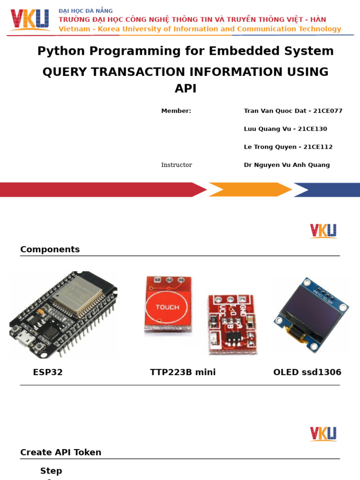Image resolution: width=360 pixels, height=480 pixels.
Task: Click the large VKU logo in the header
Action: (x=30, y=20)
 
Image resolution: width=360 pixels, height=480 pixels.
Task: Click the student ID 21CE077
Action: (x=328, y=111)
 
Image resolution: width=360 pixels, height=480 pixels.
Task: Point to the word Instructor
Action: (x=177, y=165)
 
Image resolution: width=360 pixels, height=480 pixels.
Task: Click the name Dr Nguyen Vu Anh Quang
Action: (x=286, y=165)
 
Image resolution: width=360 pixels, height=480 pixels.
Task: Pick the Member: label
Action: (x=176, y=111)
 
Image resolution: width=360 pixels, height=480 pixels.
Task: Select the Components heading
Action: (x=50, y=249)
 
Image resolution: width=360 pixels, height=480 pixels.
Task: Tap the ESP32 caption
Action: (x=48, y=372)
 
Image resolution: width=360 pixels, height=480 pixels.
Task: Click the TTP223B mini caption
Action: (x=183, y=372)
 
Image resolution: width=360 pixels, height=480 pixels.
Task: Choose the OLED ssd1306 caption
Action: (x=307, y=372)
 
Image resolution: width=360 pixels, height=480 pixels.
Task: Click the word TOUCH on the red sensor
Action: (x=167, y=307)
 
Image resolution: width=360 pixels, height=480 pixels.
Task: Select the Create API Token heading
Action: (x=60, y=452)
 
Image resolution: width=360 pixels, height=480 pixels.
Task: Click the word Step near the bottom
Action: (x=51, y=471)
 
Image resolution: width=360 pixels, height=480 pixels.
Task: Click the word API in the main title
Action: (x=186, y=89)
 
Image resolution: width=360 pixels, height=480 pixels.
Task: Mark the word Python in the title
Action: (x=59, y=51)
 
